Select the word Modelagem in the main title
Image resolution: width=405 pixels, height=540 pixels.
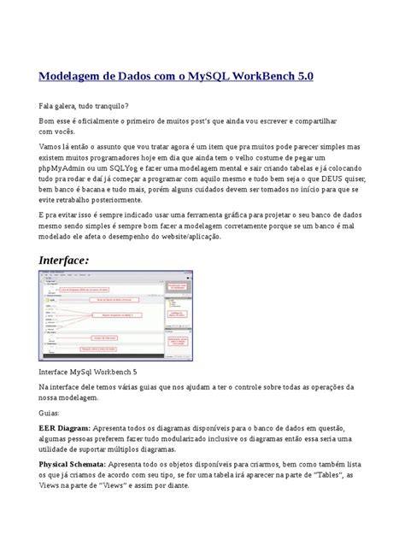click(72, 76)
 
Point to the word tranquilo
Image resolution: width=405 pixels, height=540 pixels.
click(114, 106)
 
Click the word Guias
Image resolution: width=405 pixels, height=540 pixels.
click(52, 410)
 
